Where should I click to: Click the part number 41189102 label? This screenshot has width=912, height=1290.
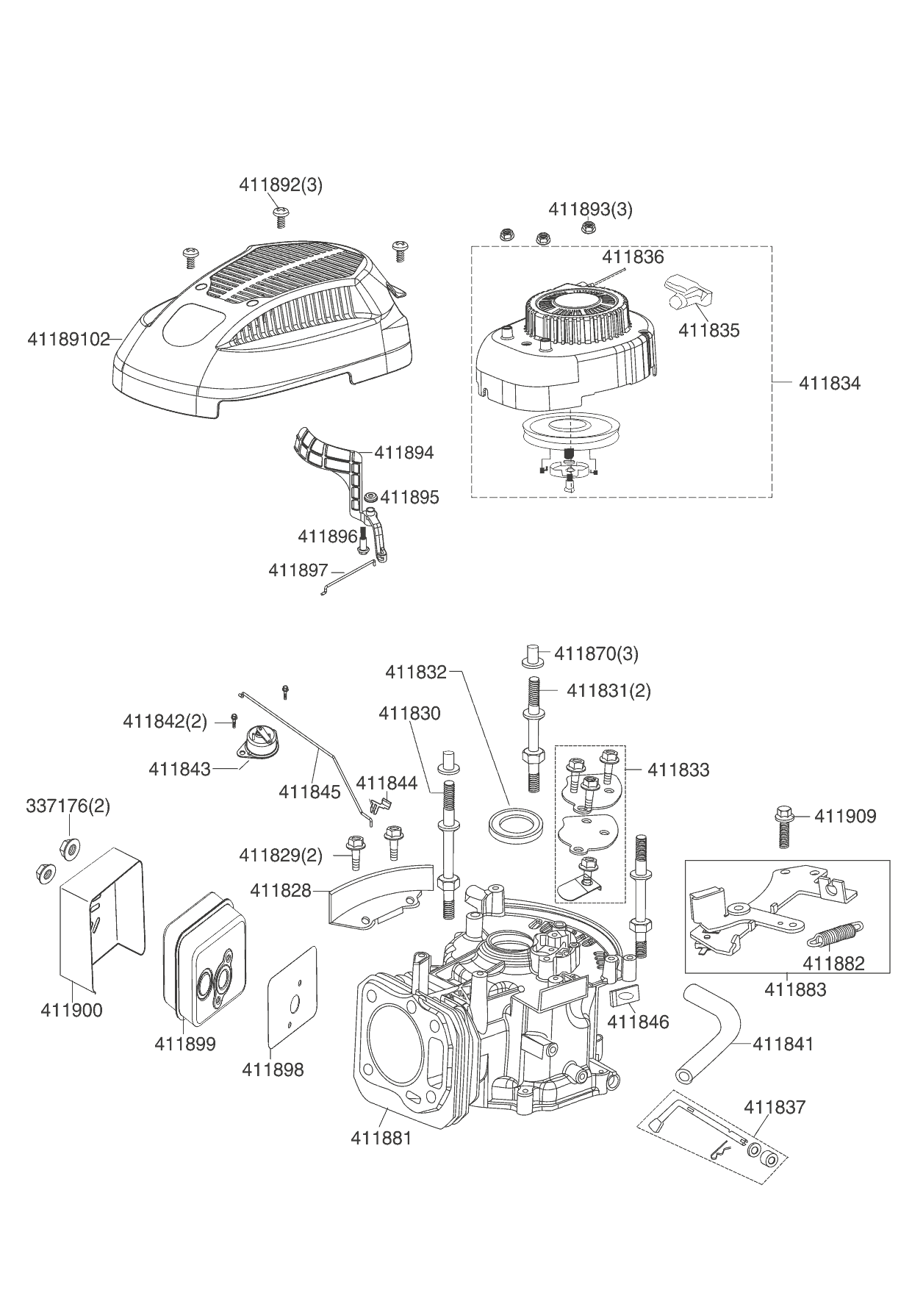coord(68,340)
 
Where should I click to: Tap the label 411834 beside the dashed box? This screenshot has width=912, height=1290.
coord(829,383)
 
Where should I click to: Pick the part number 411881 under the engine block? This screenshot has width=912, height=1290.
coord(381,1138)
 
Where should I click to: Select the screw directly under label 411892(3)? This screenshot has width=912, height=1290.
coord(280,215)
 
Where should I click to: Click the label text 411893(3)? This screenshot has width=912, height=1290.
coord(590,209)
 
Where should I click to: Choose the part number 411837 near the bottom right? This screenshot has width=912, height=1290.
coord(775,1106)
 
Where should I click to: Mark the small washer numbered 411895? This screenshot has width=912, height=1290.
coord(370,497)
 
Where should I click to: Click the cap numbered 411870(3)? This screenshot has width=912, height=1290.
coord(534,655)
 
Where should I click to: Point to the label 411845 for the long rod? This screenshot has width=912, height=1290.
coord(309,792)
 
